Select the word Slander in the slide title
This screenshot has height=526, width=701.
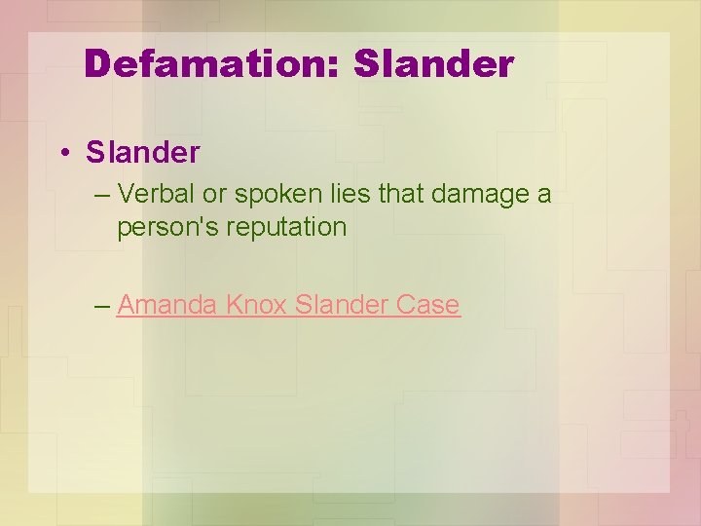(433, 64)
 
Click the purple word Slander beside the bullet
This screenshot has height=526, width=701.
(142, 152)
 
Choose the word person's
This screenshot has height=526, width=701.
(159, 228)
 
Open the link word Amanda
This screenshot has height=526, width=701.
(167, 305)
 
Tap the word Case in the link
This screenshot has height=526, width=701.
(428, 305)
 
